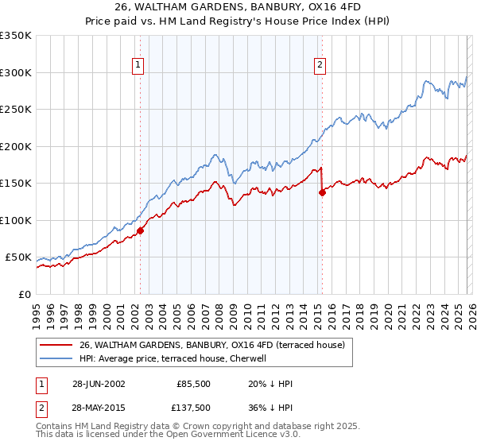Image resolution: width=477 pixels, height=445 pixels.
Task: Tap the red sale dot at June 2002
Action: (x=141, y=230)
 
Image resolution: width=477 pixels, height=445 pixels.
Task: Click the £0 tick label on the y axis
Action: (x=24, y=294)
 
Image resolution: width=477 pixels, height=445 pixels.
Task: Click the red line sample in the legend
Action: (x=56, y=346)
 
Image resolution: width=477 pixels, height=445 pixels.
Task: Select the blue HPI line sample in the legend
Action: (x=56, y=359)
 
